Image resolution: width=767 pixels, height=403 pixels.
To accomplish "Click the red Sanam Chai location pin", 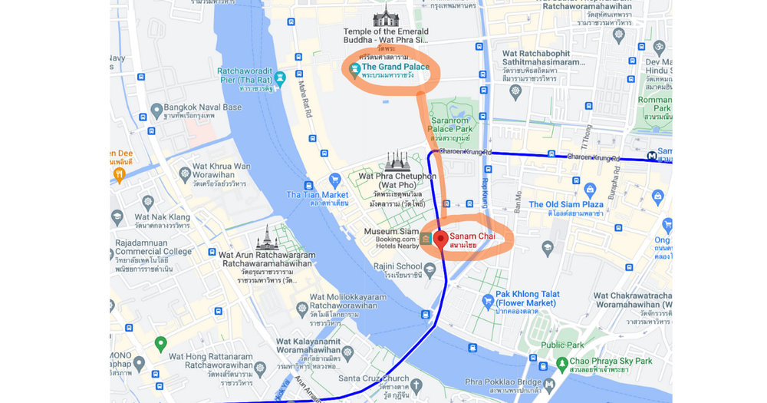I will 441,238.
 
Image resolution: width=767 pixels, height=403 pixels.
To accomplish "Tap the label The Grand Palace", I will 395,68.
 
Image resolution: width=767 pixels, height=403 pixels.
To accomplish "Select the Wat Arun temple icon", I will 267,237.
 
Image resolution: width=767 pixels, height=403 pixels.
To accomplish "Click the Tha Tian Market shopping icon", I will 308,186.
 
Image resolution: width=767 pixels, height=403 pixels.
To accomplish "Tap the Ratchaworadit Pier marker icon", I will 281,77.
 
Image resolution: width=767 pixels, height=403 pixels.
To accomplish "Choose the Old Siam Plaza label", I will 566,205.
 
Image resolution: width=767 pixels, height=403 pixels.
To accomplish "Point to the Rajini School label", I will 393,266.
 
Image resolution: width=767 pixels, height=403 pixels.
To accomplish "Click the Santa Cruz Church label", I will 374,378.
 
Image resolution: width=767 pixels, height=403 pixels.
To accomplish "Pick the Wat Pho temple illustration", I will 397,160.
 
